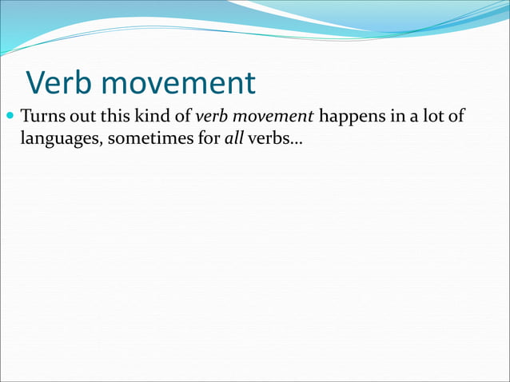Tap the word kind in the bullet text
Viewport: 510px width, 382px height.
(145, 119)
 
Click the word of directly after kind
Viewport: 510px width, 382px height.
(176, 119)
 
